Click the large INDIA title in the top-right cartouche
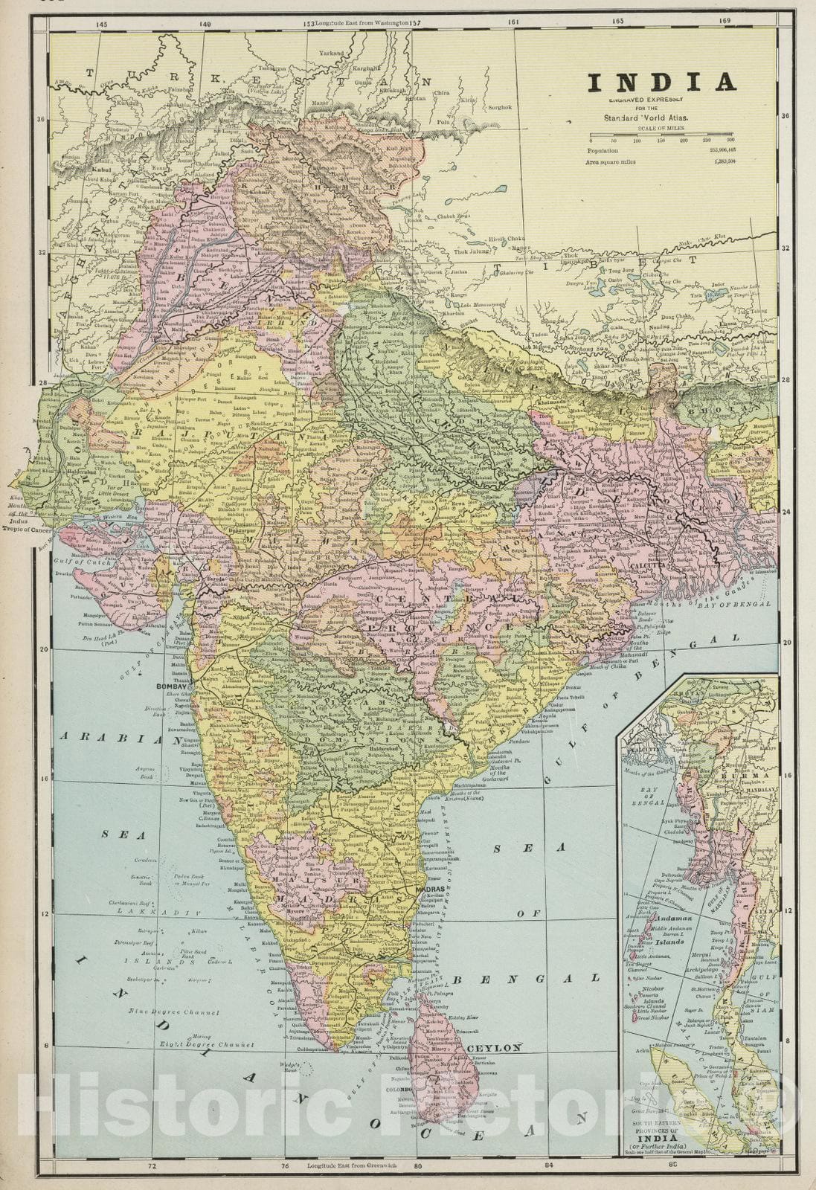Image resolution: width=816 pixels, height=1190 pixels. click(662, 82)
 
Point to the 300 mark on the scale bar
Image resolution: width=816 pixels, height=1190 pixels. click(730, 140)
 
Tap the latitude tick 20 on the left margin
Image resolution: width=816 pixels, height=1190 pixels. click(44, 649)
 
